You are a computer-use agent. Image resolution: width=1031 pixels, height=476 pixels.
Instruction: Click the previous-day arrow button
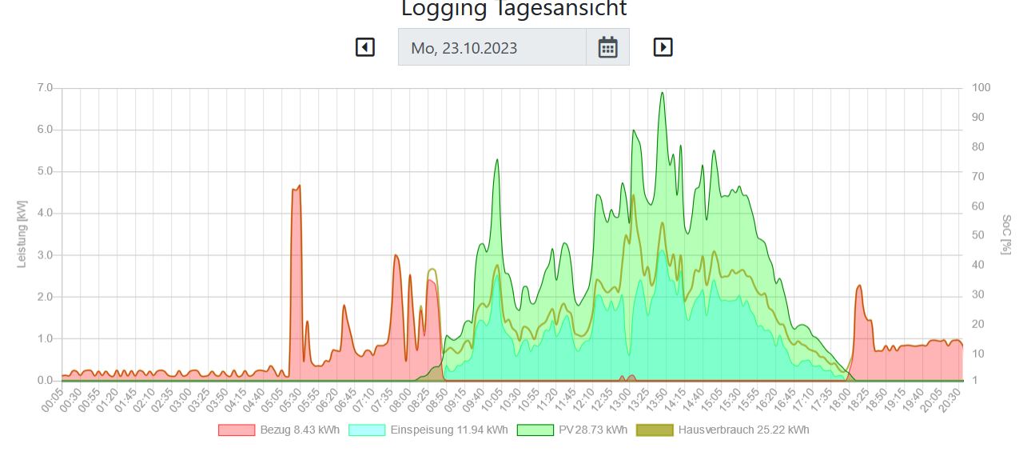click(364, 47)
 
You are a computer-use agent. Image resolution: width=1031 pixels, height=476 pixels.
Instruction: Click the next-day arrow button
click(663, 47)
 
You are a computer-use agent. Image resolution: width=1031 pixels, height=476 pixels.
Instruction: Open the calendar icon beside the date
click(607, 47)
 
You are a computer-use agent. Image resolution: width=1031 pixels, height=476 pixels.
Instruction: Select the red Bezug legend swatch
click(237, 430)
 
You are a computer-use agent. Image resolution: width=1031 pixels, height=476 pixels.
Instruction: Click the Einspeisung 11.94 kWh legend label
click(448, 430)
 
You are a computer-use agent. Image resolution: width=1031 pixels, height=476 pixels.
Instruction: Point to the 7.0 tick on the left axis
click(45, 88)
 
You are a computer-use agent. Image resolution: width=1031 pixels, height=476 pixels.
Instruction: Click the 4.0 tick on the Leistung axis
click(45, 214)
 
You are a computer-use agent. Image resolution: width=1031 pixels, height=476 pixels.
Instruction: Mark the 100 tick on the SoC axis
click(981, 88)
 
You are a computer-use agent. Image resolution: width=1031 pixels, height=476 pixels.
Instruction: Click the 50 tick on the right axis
click(977, 235)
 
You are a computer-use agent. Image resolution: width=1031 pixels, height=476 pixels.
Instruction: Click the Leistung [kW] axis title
click(22, 234)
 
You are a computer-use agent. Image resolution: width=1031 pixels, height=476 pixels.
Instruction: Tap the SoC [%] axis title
click(1006, 234)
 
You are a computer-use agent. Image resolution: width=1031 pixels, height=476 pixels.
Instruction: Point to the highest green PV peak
click(662, 93)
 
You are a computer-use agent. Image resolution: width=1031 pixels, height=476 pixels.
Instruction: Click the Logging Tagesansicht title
click(514, 10)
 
